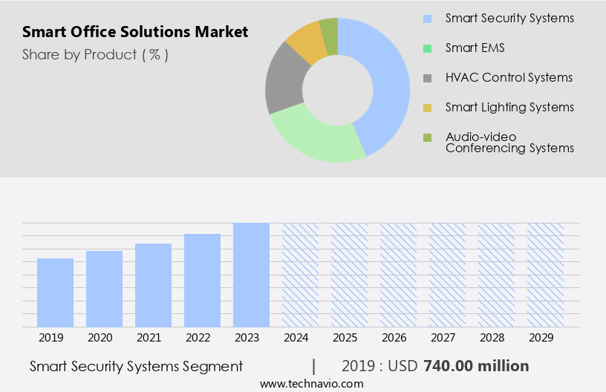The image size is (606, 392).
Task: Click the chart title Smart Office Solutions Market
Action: [135, 32]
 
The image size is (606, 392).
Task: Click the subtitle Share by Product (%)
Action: [95, 55]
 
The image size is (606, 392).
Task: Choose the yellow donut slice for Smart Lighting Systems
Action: [305, 43]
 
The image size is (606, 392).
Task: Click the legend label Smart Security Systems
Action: [509, 18]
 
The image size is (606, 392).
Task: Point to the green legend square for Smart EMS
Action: [427, 48]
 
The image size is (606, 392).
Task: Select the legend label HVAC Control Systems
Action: [509, 77]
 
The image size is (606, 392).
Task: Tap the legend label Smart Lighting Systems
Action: [509, 107]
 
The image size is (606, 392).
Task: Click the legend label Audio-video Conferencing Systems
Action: [509, 142]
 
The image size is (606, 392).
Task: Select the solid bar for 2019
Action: [55, 293]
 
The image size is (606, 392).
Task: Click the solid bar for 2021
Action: [153, 285]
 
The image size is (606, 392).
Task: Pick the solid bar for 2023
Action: [251, 275]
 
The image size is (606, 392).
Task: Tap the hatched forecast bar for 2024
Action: [300, 275]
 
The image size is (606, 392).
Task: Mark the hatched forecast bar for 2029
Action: [545, 275]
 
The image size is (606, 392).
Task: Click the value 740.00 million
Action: [476, 366]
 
